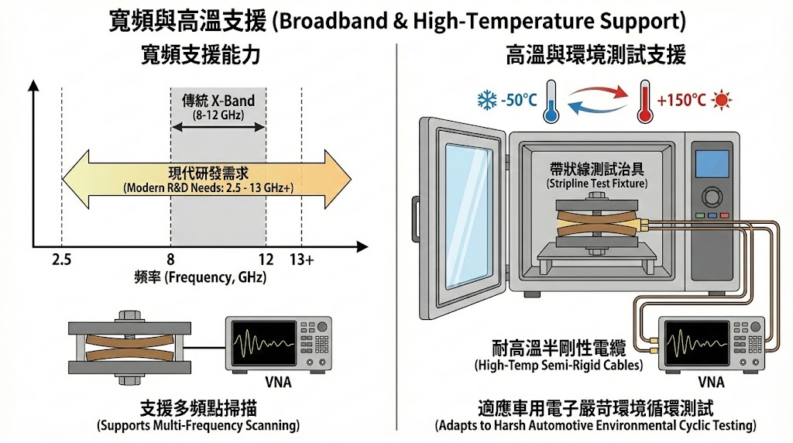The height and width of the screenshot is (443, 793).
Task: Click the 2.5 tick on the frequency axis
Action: (x=61, y=260)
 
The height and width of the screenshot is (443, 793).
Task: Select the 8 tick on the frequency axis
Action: (x=170, y=260)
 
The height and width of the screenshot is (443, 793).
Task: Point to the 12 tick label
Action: (x=266, y=260)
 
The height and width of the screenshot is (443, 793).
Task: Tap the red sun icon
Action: (x=723, y=100)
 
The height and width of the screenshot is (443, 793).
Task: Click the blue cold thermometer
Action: (x=551, y=101)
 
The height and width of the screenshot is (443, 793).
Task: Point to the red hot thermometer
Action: (x=642, y=101)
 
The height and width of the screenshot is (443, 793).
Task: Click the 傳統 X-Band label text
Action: (x=218, y=101)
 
